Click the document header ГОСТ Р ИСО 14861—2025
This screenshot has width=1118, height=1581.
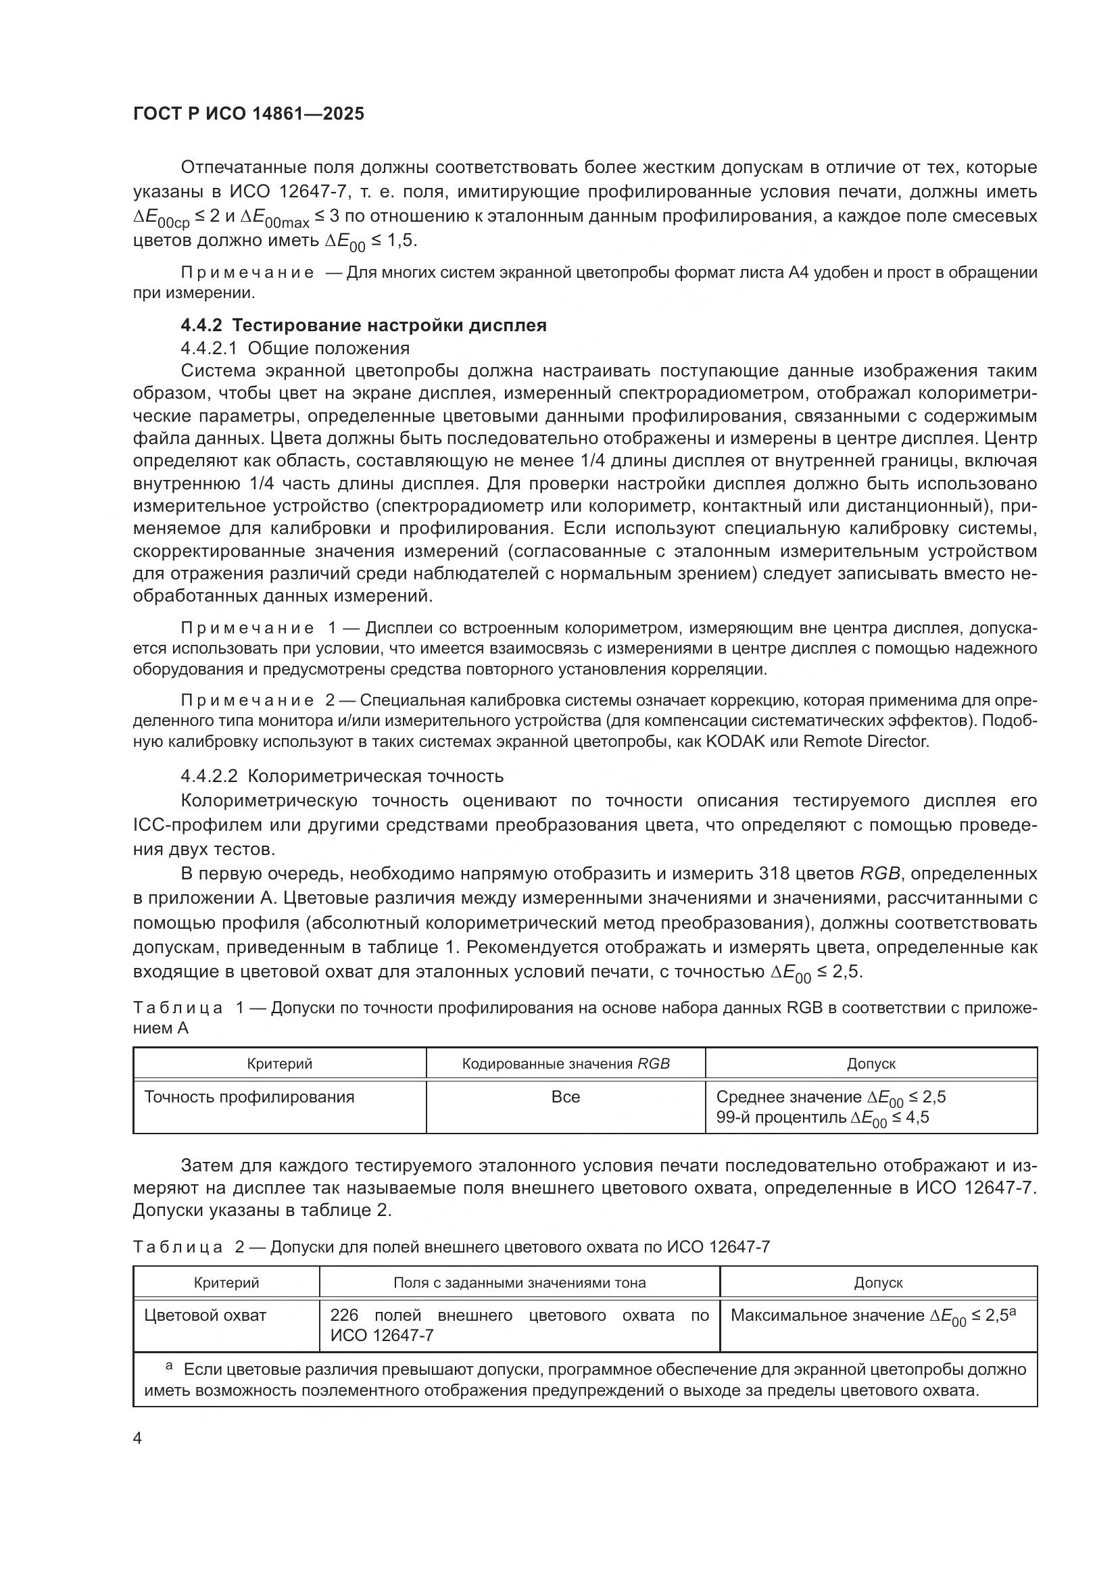(249, 114)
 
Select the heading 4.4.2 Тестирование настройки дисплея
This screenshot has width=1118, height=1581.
(363, 325)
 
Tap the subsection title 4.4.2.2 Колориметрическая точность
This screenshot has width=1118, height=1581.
(342, 776)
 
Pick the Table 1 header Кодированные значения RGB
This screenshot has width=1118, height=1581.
(565, 1063)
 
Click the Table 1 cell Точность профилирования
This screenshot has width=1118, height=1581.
(249, 1097)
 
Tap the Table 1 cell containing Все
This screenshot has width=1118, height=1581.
(565, 1097)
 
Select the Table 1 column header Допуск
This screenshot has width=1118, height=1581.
(871, 1063)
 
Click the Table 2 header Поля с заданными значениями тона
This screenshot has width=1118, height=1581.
(519, 1282)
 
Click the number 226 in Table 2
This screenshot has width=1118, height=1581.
(344, 1315)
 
